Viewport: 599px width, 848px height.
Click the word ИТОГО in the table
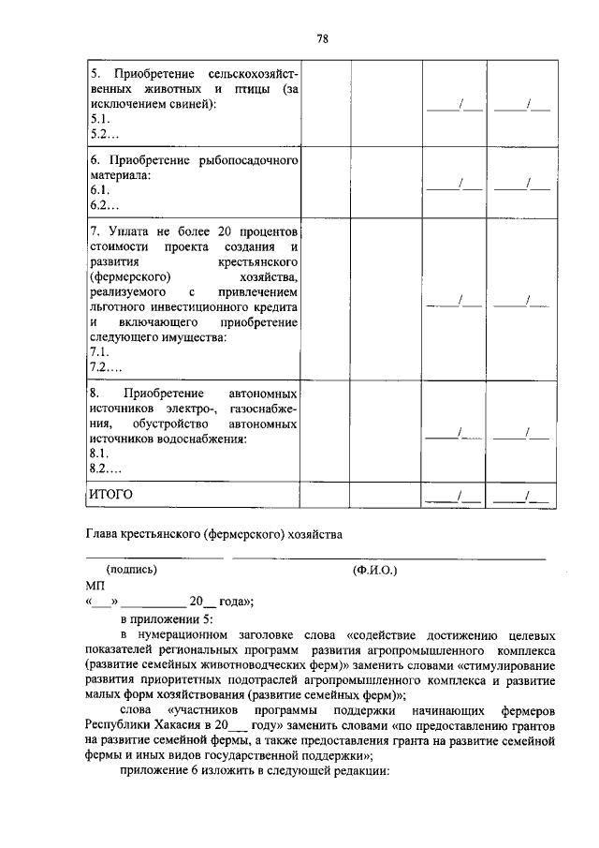point(111,493)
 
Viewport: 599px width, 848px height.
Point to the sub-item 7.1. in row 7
point(100,351)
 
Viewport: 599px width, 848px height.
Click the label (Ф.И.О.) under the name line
point(375,569)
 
